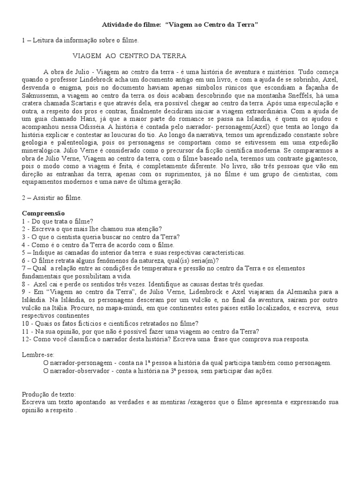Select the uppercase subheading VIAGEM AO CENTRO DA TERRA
(x=129, y=56)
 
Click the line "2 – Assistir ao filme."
(x=52, y=198)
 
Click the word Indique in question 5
(x=44, y=252)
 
